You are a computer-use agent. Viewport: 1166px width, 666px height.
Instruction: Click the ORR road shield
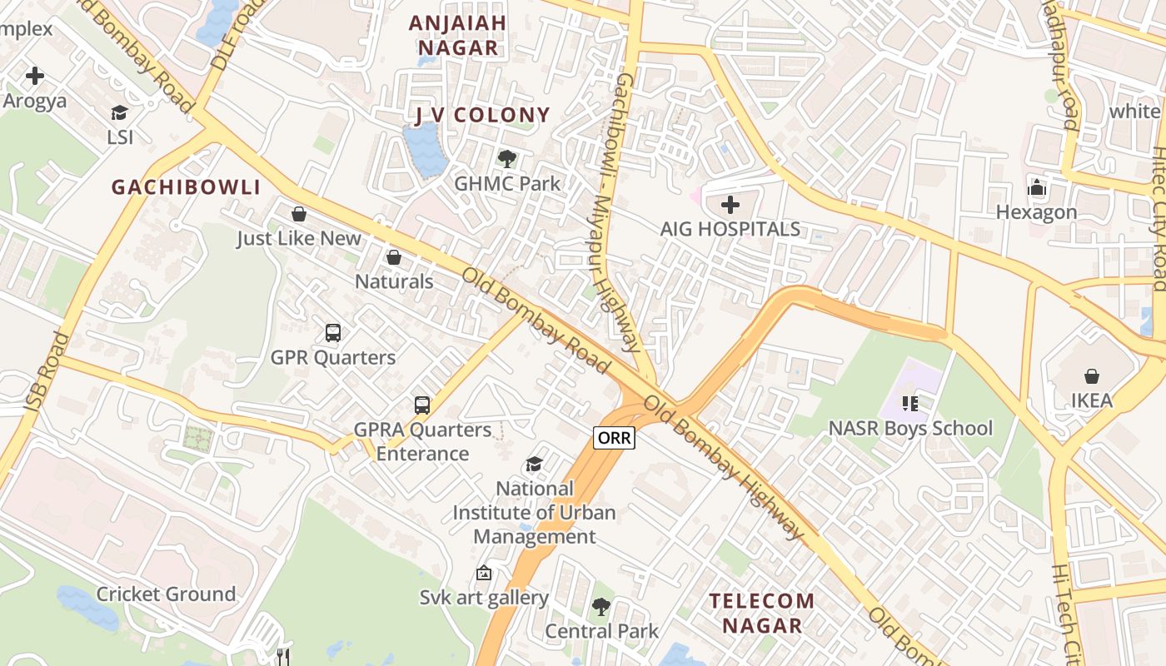pos(614,437)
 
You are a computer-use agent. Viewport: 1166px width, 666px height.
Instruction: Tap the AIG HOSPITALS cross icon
pos(730,204)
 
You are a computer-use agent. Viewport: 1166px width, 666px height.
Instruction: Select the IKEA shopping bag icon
pos(1091,376)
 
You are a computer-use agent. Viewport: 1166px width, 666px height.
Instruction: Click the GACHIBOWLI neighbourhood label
pos(187,187)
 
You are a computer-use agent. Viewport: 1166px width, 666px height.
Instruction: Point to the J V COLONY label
pos(482,115)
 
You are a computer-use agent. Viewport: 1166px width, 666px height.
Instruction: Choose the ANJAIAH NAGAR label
pos(457,35)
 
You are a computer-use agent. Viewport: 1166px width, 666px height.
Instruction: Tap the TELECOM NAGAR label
pos(761,613)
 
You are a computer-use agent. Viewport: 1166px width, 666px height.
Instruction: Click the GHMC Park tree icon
pos(506,158)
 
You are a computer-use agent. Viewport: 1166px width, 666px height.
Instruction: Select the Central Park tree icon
pos(600,607)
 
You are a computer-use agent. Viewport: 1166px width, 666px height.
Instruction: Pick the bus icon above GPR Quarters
pos(333,333)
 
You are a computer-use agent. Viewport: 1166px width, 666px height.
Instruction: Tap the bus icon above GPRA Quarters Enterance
pos(422,405)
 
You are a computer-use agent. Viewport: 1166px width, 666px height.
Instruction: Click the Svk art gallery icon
pos(483,573)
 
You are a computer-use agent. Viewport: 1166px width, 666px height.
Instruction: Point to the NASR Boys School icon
pos(909,404)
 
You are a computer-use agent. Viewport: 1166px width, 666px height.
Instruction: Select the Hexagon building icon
pos(1036,187)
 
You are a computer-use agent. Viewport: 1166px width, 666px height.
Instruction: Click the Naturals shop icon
pos(394,257)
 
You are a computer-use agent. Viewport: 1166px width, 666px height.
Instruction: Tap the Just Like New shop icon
pos(299,214)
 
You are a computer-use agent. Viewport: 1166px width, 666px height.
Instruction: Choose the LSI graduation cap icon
pos(120,112)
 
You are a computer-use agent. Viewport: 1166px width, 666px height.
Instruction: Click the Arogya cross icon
pos(35,76)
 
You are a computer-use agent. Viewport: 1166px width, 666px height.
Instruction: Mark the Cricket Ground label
pos(167,594)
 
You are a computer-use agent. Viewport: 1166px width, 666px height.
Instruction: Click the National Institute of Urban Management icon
pos(534,464)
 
